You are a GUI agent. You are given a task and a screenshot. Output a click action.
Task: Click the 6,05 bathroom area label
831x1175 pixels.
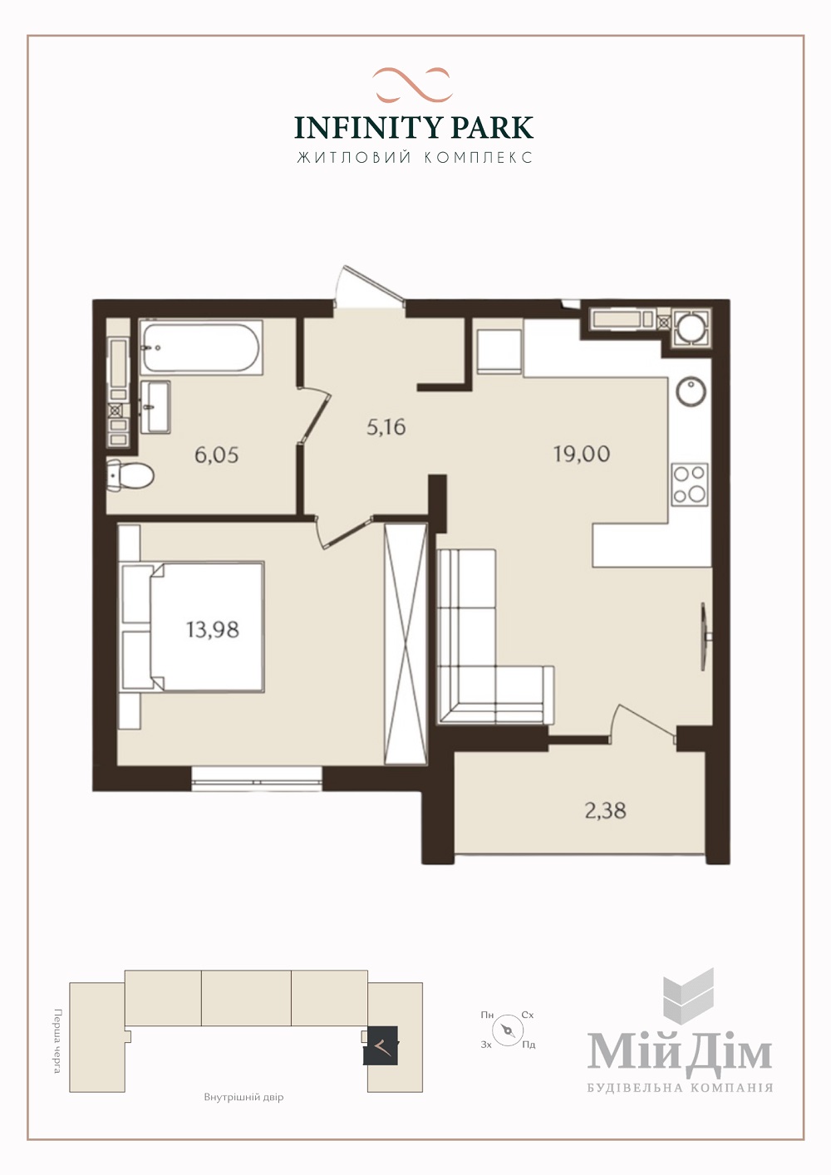coord(216,455)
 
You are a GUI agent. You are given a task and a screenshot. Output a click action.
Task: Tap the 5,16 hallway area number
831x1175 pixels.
coord(386,427)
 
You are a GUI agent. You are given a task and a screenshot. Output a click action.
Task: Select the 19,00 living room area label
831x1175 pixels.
coord(582,454)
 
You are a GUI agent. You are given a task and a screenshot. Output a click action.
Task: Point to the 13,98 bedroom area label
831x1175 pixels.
coord(213,629)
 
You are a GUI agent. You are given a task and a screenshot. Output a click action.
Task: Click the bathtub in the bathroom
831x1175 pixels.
coord(201,347)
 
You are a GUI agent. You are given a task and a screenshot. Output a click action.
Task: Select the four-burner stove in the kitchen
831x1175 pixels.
coord(690,484)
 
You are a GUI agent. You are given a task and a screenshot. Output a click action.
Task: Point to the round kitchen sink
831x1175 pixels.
coord(691,393)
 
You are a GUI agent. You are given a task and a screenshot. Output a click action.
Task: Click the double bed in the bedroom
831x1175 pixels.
coord(193,627)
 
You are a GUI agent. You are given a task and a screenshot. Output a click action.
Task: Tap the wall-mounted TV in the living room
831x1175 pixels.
coord(705,637)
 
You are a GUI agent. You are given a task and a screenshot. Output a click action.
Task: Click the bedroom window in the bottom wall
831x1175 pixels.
coord(256,779)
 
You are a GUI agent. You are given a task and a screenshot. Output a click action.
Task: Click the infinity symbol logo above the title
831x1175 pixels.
coord(413,84)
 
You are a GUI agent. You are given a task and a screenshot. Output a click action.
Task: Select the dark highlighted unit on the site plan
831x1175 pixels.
coord(381,1045)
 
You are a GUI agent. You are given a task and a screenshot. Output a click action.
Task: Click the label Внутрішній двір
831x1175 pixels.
coord(244,1098)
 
